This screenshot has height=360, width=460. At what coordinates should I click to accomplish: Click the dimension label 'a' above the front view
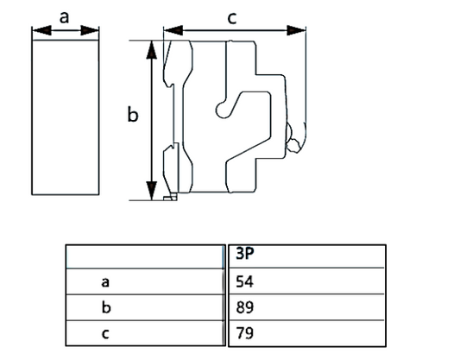64,17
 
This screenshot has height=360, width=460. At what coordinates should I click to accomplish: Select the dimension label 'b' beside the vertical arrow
133,114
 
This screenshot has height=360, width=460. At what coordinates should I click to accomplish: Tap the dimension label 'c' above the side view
232,18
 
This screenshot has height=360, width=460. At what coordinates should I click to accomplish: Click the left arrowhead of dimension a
41,30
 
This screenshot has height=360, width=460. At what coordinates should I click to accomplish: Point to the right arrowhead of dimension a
90,30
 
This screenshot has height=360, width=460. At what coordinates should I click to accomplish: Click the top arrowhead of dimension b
151,50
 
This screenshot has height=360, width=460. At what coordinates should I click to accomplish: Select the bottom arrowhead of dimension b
151,191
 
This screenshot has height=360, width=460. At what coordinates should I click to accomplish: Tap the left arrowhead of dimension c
173,30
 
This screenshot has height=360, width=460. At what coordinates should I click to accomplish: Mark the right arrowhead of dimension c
296,30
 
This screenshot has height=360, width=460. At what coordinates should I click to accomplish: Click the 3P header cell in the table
245,254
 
